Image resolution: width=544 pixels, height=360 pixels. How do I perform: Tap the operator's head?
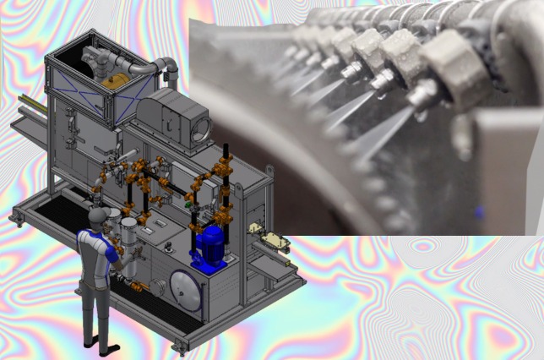pyautogui.click(x=98, y=217)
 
